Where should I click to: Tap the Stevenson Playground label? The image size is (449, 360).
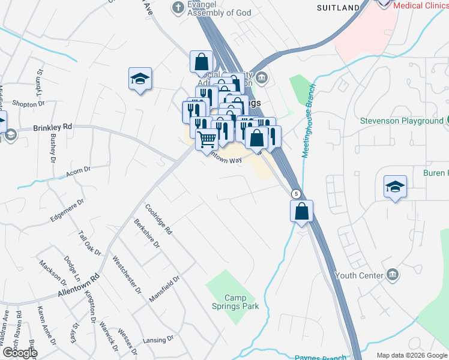click(401, 121)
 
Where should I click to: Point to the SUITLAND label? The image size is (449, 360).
click(338, 8)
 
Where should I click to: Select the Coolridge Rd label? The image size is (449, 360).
click(159, 219)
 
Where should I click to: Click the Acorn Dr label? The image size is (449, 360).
click(78, 171)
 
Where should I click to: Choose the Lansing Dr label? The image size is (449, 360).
click(158, 340)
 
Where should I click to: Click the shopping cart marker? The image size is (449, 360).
click(207, 140)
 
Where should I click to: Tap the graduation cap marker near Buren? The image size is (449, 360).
click(396, 187)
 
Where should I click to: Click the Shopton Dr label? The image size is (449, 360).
click(25, 104)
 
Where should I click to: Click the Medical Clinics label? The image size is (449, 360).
click(421, 5)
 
